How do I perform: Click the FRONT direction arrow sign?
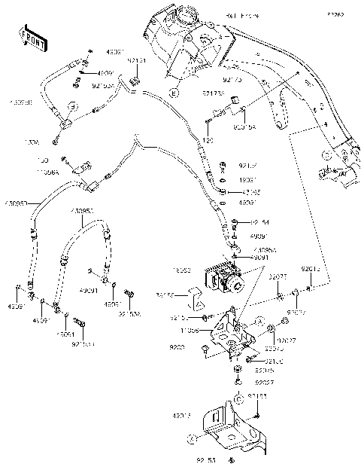click(x=30, y=36)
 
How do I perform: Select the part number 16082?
click(x=184, y=268)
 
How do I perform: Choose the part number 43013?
click(x=183, y=414)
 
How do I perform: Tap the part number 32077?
click(x=278, y=277)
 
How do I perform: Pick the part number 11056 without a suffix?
click(x=190, y=330)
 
